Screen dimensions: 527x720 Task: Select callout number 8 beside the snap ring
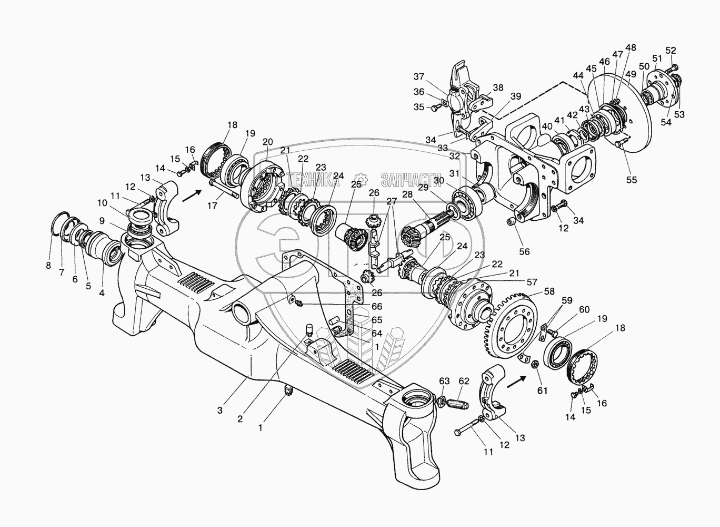(x=48, y=266)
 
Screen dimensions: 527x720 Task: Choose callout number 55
(x=631, y=180)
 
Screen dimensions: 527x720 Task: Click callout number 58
(x=549, y=291)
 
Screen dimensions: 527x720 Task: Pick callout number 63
(x=445, y=381)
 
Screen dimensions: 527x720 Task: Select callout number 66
(x=376, y=307)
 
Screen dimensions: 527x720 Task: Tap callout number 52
(x=671, y=51)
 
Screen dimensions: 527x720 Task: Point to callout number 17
(x=212, y=206)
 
